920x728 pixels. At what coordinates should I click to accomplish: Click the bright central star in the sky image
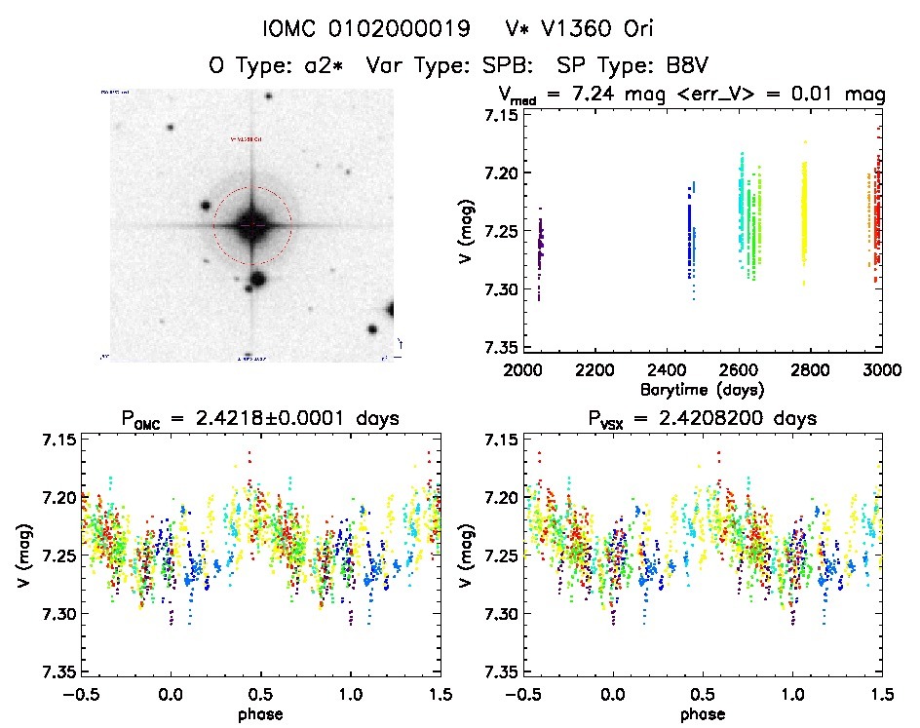pos(251,225)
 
